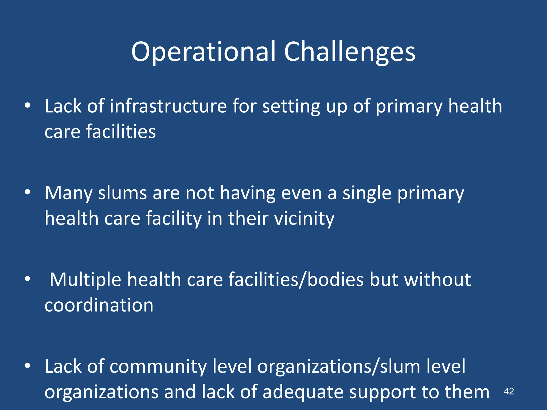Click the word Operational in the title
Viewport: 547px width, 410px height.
click(203, 52)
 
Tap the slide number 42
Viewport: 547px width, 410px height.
click(509, 391)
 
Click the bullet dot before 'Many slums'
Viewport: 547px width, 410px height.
click(28, 192)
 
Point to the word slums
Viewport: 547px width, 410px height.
click(122, 193)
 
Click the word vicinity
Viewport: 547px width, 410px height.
click(304, 219)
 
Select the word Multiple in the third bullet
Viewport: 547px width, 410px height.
click(86, 279)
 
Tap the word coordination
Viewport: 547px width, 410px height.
click(99, 305)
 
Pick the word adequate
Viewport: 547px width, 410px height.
click(303, 392)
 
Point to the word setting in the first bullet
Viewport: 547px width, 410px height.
click(291, 106)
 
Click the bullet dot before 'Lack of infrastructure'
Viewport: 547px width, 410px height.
click(28, 106)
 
